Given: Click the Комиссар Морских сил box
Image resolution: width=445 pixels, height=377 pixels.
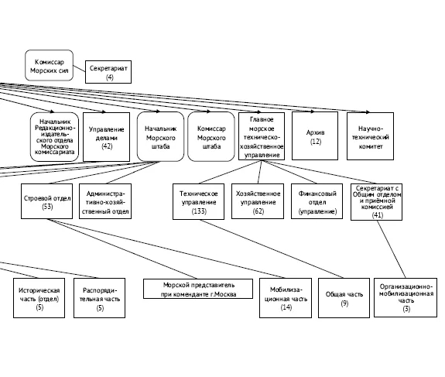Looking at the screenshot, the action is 49,66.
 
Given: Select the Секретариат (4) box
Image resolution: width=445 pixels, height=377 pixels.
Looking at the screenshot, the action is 108,72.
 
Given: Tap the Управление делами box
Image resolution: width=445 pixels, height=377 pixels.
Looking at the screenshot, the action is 107,137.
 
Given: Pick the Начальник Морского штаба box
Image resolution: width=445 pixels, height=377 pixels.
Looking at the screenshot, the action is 160,136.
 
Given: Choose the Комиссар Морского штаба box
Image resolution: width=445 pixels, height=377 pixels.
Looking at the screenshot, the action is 211,136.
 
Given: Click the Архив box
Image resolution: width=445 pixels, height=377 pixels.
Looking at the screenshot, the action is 315,136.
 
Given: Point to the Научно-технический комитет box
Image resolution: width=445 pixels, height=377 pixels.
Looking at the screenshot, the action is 371,136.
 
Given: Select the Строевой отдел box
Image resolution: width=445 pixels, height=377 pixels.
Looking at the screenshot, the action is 47,201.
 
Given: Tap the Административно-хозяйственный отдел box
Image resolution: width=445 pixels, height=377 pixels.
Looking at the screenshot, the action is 105,201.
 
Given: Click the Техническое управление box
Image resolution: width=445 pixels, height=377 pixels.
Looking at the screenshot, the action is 198,202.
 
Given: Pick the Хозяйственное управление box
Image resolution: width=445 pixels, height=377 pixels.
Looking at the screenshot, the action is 258,201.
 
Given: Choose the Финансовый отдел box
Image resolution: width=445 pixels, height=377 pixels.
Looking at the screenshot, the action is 317,201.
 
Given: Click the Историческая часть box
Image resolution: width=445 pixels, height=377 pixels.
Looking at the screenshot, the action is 39,298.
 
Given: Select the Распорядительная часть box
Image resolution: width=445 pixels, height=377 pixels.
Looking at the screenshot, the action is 99,298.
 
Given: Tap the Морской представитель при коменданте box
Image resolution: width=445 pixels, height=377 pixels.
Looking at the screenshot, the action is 198,289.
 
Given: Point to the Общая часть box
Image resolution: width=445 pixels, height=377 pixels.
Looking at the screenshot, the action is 344,298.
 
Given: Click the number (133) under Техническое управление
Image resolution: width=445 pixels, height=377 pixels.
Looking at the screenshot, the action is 199,211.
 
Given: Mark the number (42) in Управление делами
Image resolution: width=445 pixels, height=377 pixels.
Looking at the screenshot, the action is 107,146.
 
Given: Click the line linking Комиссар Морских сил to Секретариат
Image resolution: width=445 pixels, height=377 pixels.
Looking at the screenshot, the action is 80,69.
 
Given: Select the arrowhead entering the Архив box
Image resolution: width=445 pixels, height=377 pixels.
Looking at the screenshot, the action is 313,111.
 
